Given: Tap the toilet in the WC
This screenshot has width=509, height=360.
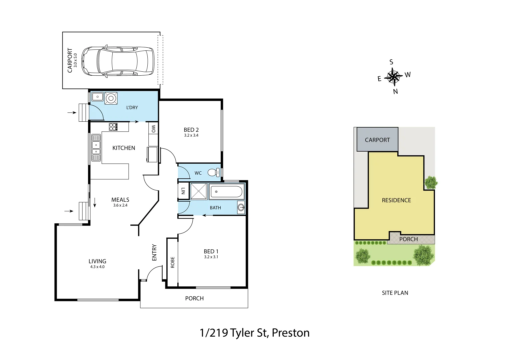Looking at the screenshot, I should [x=213, y=173].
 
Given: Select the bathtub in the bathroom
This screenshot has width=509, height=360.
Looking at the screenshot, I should [x=226, y=192].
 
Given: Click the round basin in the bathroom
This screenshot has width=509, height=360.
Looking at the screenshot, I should [x=241, y=208].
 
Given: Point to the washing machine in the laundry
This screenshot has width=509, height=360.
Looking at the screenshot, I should [x=111, y=98].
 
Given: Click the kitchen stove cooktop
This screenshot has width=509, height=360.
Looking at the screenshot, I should [x=113, y=127].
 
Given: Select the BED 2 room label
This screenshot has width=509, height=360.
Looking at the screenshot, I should [x=191, y=130].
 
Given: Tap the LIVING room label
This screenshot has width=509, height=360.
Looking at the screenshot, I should [x=97, y=261].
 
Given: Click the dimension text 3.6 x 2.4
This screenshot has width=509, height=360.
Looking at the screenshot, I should [x=120, y=205].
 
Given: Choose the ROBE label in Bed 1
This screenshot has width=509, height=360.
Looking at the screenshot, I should [x=172, y=262].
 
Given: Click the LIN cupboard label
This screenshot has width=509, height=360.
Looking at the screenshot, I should [x=183, y=191].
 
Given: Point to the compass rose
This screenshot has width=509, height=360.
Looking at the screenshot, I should [x=394, y=77].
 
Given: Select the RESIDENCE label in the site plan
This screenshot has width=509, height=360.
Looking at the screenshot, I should [x=396, y=200].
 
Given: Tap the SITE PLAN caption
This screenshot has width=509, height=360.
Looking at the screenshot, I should [x=395, y=293].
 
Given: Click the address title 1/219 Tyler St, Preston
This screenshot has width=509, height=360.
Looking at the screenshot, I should [x=254, y=333].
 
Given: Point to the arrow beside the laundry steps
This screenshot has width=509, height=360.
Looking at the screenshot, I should [x=72, y=113].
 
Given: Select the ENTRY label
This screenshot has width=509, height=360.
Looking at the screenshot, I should [x=154, y=253].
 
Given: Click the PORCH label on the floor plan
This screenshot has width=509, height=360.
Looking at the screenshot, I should [x=194, y=298].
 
